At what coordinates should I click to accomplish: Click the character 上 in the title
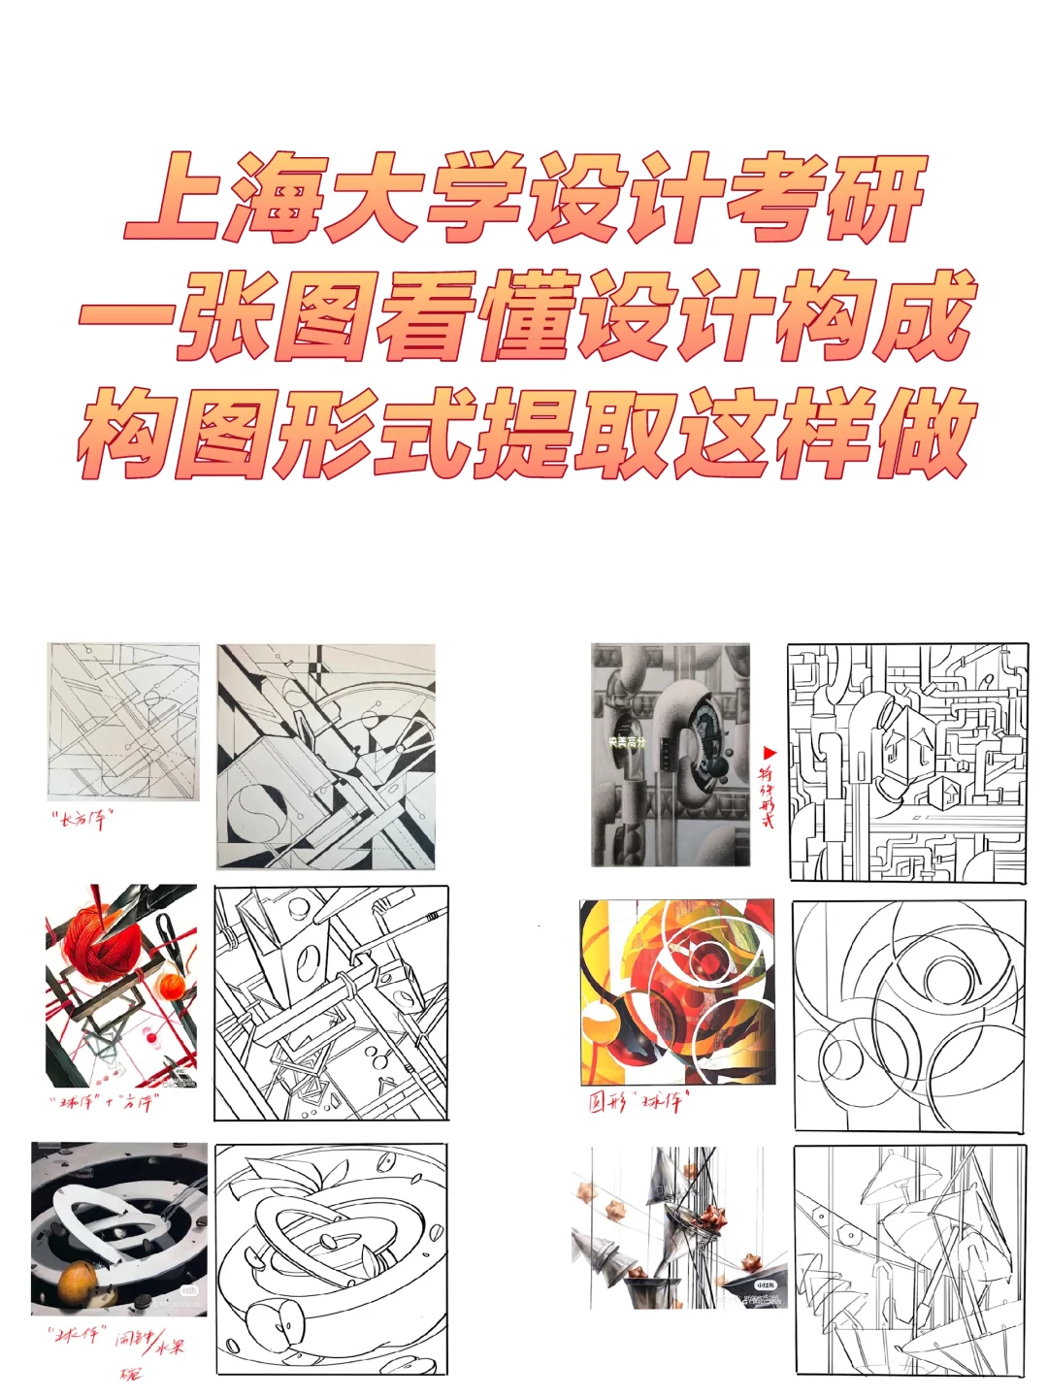(x=176, y=198)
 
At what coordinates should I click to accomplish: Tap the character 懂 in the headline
(x=528, y=314)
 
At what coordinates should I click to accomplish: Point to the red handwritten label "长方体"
(x=82, y=820)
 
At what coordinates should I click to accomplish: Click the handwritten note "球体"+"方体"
(x=103, y=1103)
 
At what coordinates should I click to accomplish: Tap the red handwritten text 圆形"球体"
(x=637, y=1101)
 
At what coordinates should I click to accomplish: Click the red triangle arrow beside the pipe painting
(x=770, y=753)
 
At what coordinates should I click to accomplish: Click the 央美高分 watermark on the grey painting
(x=627, y=742)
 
